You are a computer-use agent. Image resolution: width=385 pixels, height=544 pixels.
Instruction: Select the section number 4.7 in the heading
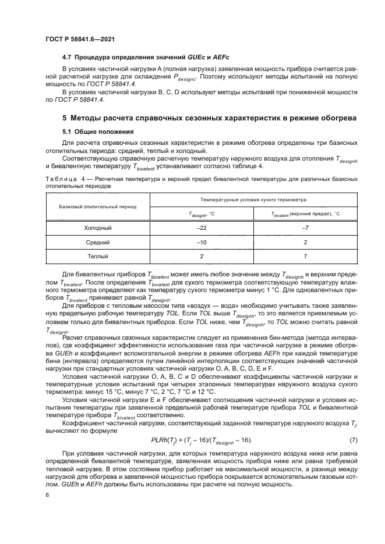point(68,59)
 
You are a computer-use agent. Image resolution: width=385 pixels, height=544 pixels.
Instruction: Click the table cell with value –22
point(202,228)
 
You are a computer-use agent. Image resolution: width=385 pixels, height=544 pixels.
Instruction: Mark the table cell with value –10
point(202,242)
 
